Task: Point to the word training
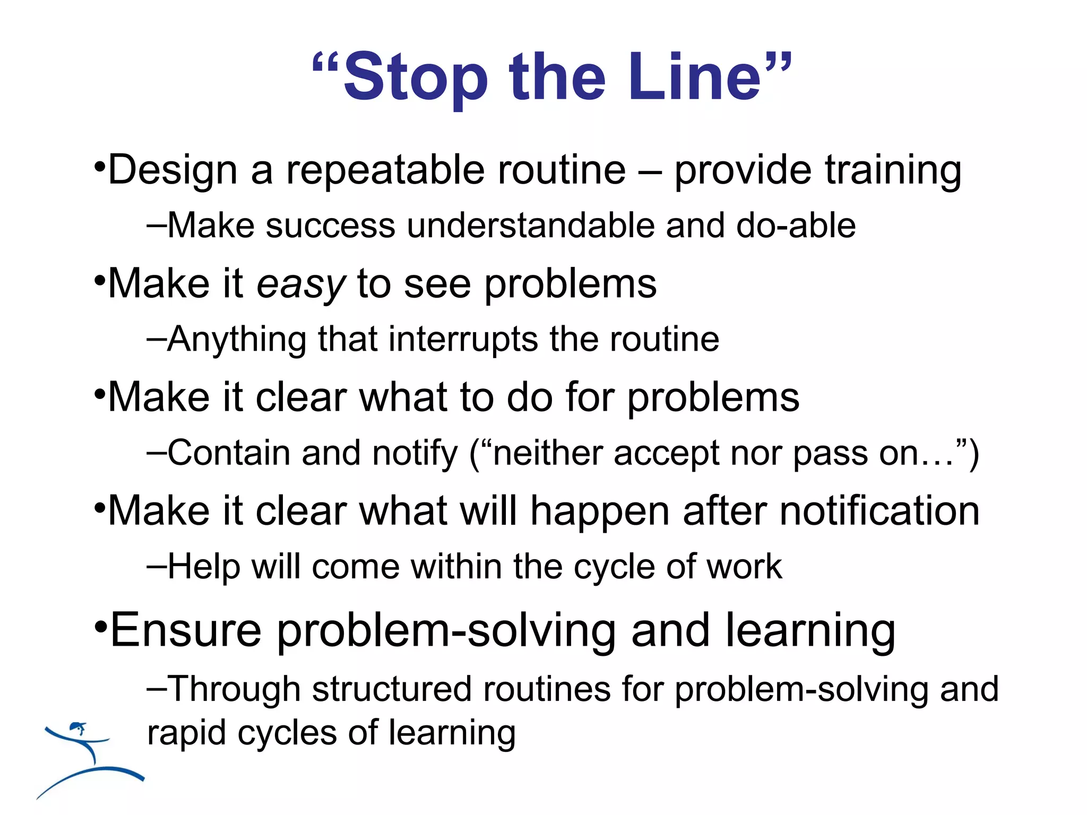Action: tap(893, 171)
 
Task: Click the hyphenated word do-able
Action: tap(796, 226)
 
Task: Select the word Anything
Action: tap(237, 340)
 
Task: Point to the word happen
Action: tap(600, 511)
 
